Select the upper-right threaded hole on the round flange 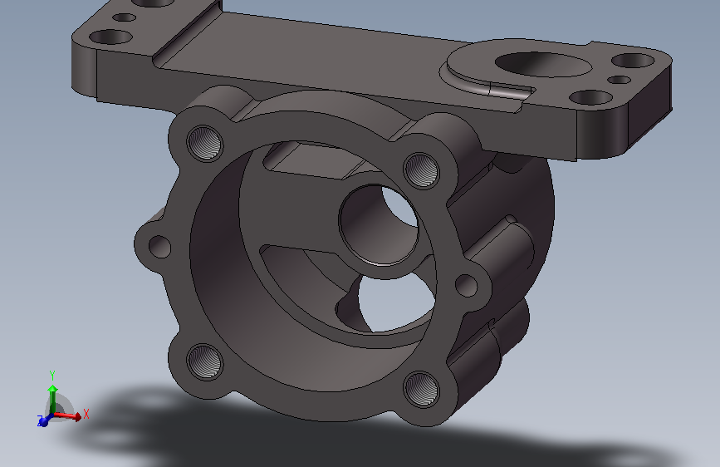tap(421, 170)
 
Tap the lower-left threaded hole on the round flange tap(203, 362)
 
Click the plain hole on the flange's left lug tap(159, 246)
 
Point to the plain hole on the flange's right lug tap(468, 286)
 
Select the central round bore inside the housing tap(379, 223)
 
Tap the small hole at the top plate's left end tap(124, 17)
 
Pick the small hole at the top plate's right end tap(620, 80)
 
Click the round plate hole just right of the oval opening tap(592, 97)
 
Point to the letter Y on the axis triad tap(52, 374)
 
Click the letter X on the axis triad tap(86, 413)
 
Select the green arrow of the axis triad tap(52, 396)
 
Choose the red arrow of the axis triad tap(70, 415)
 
